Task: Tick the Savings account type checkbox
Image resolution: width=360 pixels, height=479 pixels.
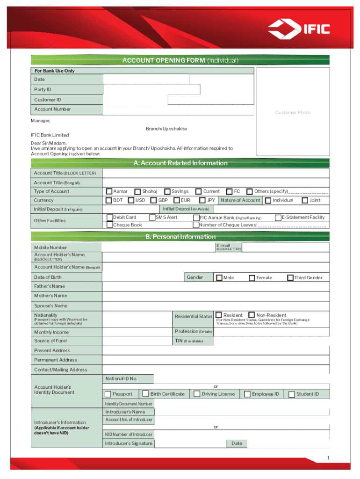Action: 167,191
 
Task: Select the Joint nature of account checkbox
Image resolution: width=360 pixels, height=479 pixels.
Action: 305,200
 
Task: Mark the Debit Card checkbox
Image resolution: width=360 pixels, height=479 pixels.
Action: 109,217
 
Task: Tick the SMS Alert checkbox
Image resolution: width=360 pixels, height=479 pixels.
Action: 152,217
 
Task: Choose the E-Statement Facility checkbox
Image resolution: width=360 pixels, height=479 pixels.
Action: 278,217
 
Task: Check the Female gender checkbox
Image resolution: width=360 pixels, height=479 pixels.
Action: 252,277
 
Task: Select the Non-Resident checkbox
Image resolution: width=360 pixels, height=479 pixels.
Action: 252,315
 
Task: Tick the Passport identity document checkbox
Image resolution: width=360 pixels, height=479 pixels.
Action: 108,394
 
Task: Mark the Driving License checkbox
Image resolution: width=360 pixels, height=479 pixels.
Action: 197,394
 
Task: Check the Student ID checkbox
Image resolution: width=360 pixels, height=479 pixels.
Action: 292,394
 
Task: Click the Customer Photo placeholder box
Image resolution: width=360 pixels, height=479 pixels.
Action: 293,112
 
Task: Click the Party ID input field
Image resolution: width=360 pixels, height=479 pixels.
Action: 151,89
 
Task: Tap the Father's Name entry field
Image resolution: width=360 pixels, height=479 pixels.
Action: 216,286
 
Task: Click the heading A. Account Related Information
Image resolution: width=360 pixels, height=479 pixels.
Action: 180,163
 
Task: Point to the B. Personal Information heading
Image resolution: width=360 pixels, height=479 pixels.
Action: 180,237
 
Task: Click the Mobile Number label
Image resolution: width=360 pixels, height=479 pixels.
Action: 50,247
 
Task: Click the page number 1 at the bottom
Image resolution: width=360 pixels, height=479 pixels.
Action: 329,457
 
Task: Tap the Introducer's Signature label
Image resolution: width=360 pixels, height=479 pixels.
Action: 129,443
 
